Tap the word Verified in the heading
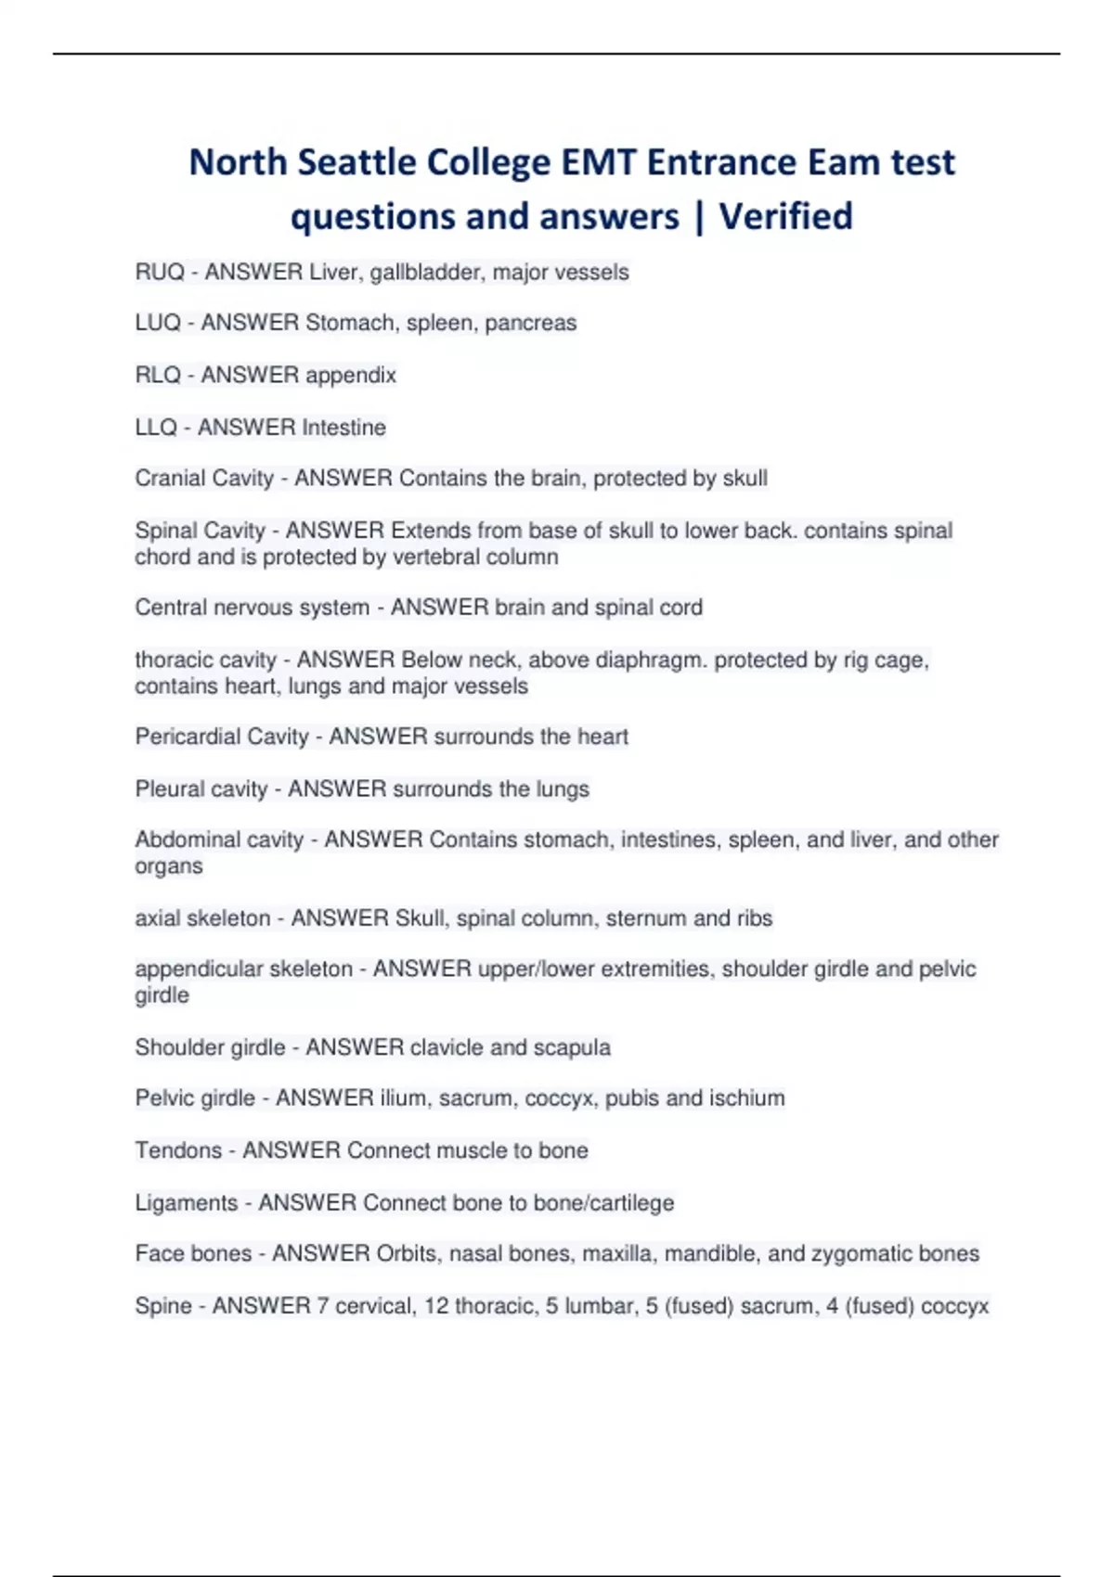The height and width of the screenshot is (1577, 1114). [785, 216]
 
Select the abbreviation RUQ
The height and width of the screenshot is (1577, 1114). [160, 272]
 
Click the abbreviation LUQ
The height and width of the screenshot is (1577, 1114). [158, 323]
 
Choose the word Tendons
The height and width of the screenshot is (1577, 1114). [178, 1150]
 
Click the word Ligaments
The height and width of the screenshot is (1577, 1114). [187, 1203]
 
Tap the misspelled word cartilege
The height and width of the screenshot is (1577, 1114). [631, 1203]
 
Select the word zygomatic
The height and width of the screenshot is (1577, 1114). [848, 1254]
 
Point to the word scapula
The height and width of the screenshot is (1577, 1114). [571, 1048]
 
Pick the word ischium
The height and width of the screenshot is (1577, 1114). [746, 1098]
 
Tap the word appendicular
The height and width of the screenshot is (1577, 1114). [198, 969]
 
